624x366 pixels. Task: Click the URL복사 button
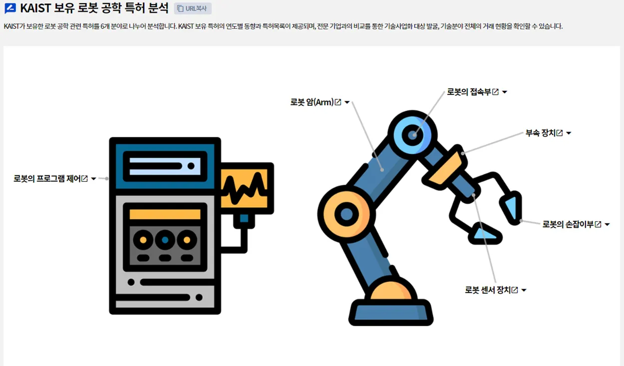[193, 8]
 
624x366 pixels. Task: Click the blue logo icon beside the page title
[10, 8]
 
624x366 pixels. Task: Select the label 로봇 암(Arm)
[312, 102]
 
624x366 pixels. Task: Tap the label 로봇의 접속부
[469, 92]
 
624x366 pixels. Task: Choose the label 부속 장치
[540, 133]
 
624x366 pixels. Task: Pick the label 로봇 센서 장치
[488, 290]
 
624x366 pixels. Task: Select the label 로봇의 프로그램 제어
[47, 178]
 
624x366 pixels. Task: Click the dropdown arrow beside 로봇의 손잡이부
[607, 225]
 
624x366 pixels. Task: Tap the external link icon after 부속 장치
[560, 133]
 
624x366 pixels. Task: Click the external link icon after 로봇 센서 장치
[515, 290]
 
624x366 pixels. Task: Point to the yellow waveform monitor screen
[247, 188]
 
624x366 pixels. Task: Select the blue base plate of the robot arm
[390, 312]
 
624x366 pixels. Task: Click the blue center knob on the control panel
[165, 240]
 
